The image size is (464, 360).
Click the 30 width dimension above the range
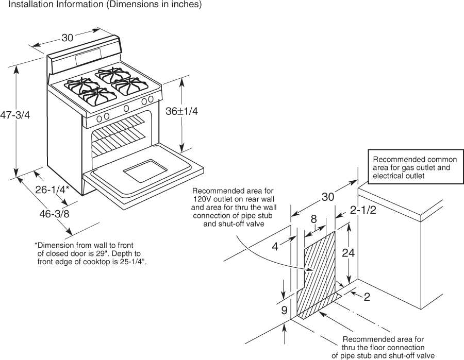68,38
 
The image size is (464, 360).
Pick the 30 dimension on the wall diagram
328,197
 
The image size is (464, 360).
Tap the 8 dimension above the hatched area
313,218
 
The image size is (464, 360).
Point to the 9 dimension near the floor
284,310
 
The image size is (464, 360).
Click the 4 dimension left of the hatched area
275,246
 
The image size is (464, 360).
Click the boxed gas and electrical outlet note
415,167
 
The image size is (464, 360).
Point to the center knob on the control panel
126,108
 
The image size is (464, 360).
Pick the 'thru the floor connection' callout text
383,348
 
